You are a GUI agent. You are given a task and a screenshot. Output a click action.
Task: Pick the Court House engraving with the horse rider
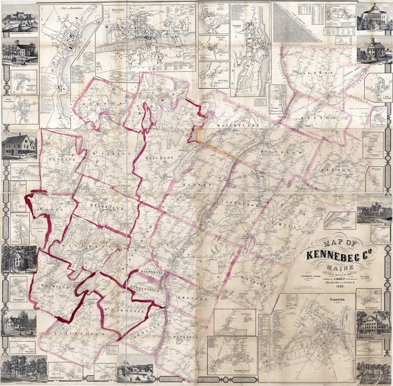20,52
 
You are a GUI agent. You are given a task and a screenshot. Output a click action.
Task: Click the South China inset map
213,75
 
